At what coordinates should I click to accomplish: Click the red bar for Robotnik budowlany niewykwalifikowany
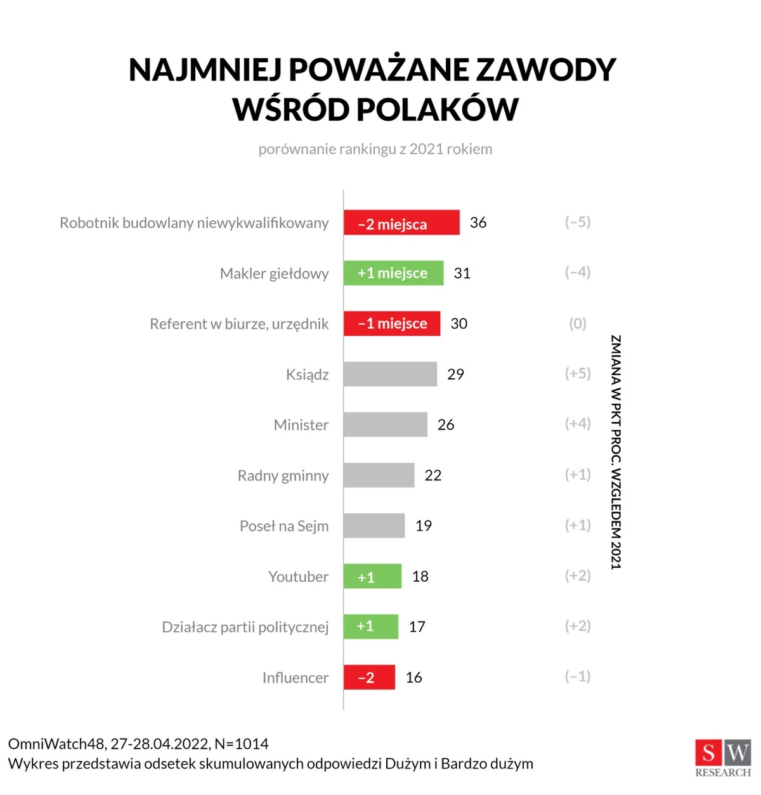401,223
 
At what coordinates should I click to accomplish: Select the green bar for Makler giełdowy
393,273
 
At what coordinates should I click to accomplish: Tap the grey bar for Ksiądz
390,374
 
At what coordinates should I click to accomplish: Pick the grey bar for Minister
385,424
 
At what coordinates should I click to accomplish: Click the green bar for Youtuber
372,576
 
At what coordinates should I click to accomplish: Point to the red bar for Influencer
369,677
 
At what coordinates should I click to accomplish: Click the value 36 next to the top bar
478,223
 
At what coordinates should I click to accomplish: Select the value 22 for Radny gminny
433,475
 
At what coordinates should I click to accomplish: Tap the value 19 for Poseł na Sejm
424,525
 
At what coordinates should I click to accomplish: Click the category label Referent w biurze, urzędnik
239,324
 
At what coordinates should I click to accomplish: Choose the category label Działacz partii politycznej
245,627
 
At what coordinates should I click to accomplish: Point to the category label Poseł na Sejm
284,526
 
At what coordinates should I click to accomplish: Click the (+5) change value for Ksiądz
578,374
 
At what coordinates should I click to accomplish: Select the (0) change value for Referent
578,324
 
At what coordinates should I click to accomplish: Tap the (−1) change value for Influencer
578,676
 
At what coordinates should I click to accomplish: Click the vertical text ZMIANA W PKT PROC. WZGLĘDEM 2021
616,452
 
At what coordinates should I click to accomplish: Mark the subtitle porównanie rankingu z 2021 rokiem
375,149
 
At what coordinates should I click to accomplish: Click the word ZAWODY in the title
545,70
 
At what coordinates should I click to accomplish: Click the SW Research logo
723,758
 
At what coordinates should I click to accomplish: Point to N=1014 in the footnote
242,744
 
